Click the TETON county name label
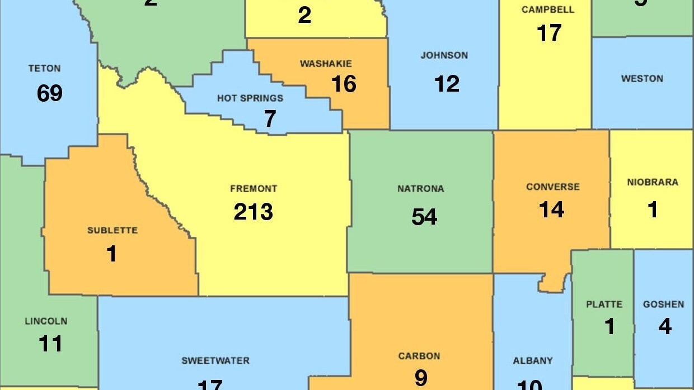[44, 69]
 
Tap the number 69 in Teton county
[49, 93]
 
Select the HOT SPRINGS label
[250, 98]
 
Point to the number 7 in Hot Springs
[270, 119]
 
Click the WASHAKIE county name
[326, 64]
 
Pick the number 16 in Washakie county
[344, 84]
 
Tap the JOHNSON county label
[444, 55]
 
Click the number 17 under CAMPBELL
[548, 33]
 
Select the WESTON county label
[642, 79]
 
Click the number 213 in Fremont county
[254, 212]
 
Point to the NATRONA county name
[421, 189]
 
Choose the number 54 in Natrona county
[424, 217]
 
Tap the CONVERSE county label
[553, 187]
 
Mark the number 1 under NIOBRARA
[653, 210]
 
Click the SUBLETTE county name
[112, 230]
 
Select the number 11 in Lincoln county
[50, 344]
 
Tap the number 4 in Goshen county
[664, 326]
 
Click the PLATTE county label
[604, 305]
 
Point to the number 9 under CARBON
[420, 378]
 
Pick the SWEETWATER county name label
[215, 360]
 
